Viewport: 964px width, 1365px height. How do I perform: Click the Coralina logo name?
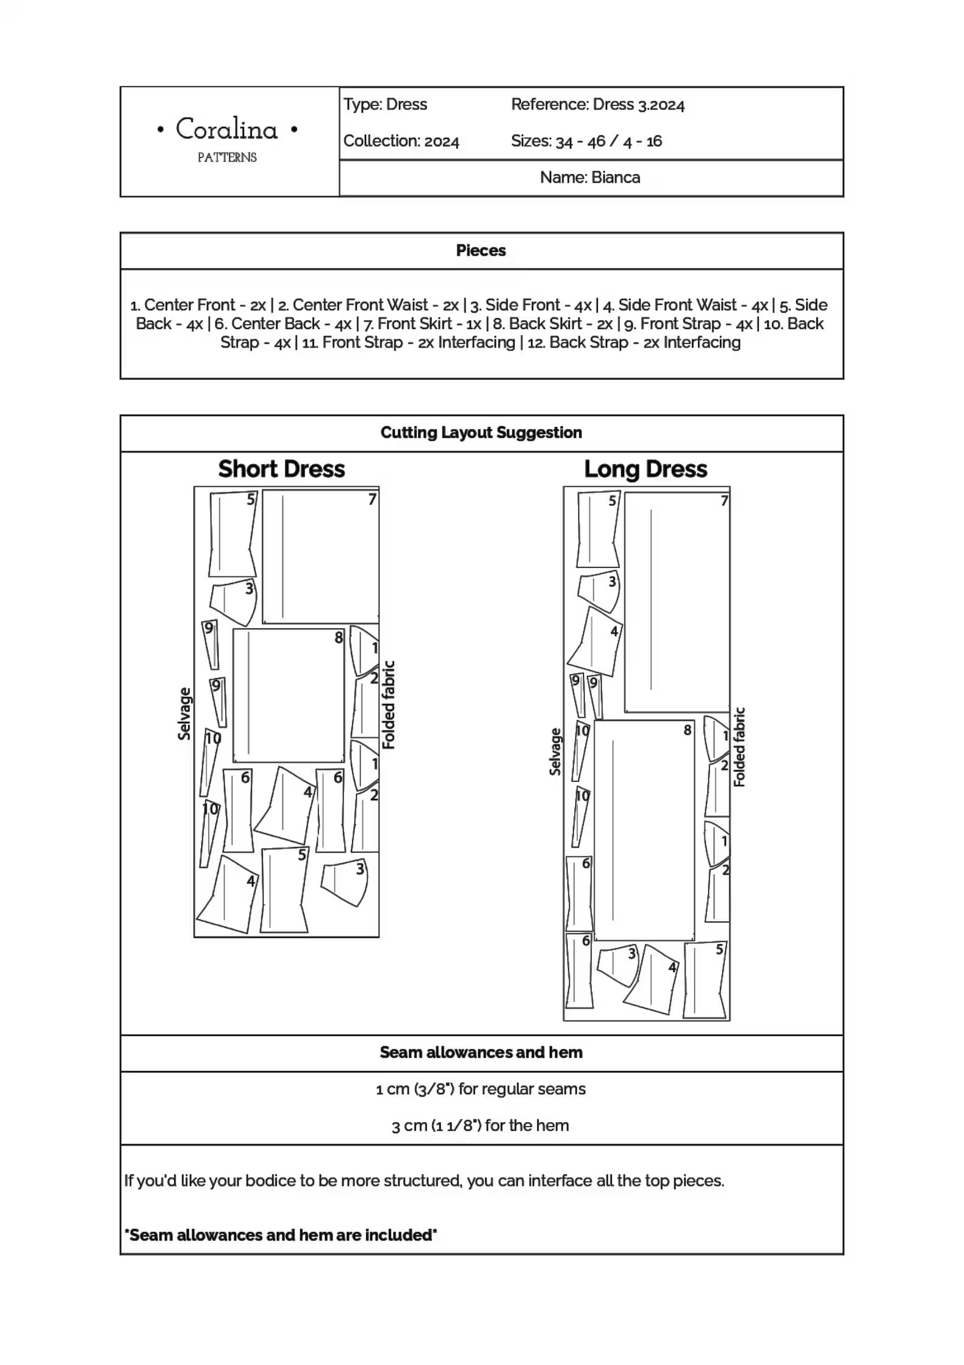(x=227, y=129)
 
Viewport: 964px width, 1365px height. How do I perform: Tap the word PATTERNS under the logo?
(x=227, y=157)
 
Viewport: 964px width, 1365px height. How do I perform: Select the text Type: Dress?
(x=385, y=104)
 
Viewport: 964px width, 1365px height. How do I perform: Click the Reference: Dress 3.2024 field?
(x=597, y=104)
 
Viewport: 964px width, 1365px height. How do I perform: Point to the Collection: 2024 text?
(x=401, y=141)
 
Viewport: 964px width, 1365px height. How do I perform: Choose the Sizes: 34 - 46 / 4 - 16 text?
(x=586, y=141)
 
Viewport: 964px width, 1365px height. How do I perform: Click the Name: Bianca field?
(x=590, y=177)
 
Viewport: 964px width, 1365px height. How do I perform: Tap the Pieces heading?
(x=481, y=250)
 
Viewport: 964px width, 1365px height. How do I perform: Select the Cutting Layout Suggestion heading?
(x=481, y=432)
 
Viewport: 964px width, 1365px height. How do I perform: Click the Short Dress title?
(x=282, y=469)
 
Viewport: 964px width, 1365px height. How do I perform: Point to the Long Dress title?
(x=646, y=469)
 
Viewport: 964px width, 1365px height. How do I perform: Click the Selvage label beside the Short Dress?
(x=184, y=713)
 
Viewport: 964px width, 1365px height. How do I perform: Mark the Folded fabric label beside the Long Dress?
(x=739, y=747)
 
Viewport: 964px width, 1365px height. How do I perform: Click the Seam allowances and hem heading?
(x=481, y=1052)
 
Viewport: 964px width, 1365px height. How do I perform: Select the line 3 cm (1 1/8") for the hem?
(x=480, y=1125)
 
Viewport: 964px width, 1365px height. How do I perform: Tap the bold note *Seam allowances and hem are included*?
(x=280, y=1234)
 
